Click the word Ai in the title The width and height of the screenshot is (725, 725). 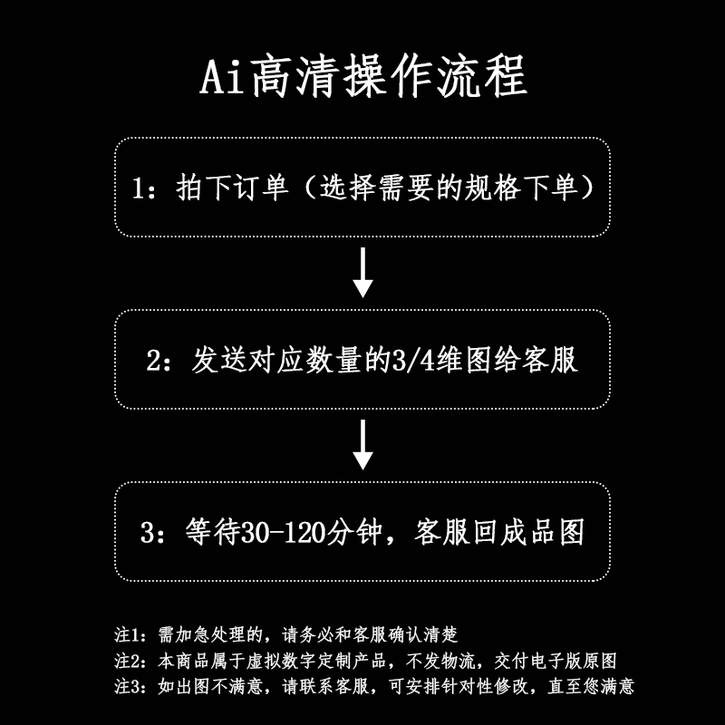pos(220,78)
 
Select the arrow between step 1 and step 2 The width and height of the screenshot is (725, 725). pos(362,272)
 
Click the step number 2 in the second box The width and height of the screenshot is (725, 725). pos(153,360)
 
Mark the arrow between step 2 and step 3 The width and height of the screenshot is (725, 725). pos(362,444)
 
